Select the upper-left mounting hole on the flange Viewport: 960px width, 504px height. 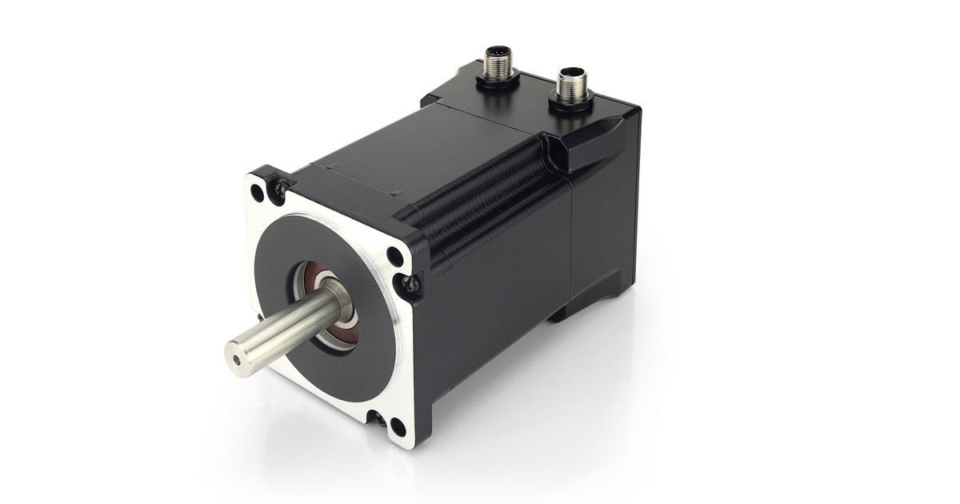coord(257,192)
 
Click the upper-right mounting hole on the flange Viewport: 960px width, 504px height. coord(395,256)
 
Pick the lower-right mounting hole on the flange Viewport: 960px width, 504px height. coord(394,424)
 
